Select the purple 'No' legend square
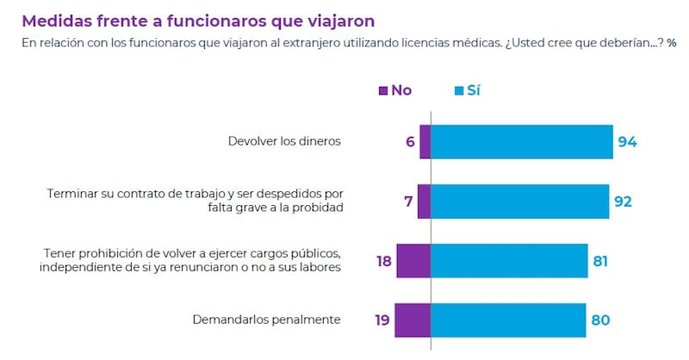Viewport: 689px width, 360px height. [384, 90]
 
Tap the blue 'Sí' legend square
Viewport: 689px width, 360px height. [459, 90]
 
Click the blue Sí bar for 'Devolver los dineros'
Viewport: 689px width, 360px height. [521, 141]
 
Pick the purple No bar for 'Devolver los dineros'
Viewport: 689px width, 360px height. [425, 141]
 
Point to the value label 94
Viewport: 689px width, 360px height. [627, 141]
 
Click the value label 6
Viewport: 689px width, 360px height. [411, 141]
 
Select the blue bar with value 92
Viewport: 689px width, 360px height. [519, 201]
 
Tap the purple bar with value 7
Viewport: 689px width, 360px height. [424, 201]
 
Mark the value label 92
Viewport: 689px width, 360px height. [623, 202]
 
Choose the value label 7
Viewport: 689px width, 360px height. [408, 202]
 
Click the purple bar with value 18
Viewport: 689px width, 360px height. [413, 260]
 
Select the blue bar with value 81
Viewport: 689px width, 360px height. [509, 260]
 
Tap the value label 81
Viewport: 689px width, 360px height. [600, 261]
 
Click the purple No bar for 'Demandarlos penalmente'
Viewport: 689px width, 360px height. [413, 320]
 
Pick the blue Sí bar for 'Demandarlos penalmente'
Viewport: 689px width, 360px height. [508, 320]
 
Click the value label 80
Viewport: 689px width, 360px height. [600, 320]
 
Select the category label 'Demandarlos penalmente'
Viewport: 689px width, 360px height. [266, 320]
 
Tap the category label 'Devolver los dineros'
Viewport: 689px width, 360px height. [284, 141]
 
